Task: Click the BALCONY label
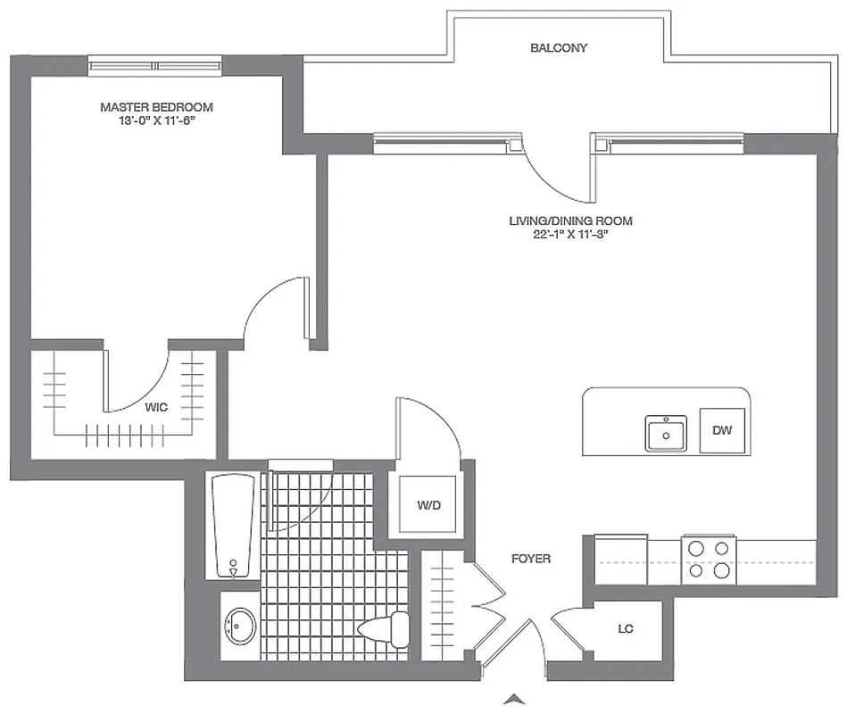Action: (x=559, y=48)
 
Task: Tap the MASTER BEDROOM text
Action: (x=156, y=107)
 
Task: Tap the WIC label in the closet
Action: (x=156, y=407)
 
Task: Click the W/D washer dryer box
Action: (x=429, y=506)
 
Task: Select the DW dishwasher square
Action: (x=722, y=430)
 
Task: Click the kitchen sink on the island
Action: (x=666, y=434)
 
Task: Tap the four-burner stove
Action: (x=708, y=559)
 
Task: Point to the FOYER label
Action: (x=530, y=559)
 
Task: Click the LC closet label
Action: (x=626, y=629)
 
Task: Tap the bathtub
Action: (x=234, y=527)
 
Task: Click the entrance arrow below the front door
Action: (x=513, y=699)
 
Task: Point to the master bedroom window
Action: (x=154, y=65)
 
